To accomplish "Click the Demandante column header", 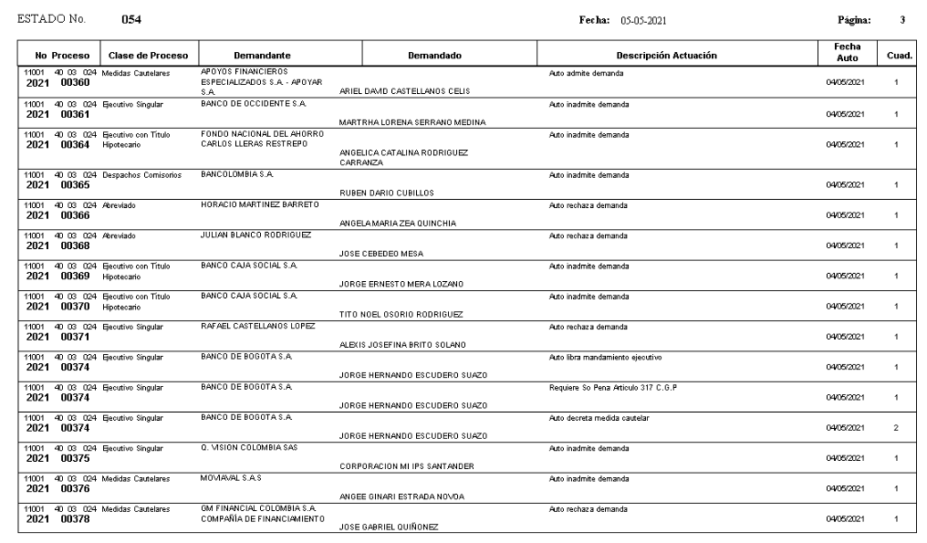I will tap(263, 56).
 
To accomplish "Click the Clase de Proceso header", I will tap(148, 56).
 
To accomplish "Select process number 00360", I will tap(75, 83).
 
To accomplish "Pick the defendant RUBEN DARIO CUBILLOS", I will tap(387, 193).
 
